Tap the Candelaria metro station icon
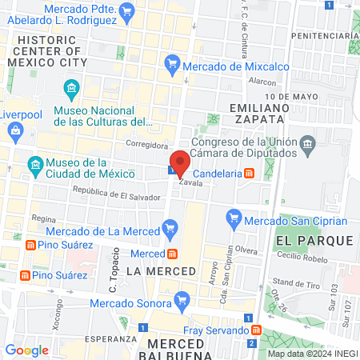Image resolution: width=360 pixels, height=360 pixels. point(250,172)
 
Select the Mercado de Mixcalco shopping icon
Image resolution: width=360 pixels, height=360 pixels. point(171,62)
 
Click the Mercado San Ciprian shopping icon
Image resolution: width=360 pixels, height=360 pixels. point(234,216)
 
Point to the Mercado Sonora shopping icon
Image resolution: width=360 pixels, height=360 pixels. point(183,301)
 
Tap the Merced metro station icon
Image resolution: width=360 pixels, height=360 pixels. point(172,254)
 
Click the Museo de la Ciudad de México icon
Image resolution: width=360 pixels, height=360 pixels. point(34,166)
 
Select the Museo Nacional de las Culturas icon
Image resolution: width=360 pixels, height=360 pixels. point(72,87)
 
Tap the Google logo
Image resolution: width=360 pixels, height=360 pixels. point(26,350)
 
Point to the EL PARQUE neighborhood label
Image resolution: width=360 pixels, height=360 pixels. point(314,240)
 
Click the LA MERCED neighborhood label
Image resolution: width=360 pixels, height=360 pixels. point(161,271)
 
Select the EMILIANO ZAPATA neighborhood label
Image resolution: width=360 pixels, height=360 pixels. point(256,113)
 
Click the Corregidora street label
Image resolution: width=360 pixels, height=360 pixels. point(147,145)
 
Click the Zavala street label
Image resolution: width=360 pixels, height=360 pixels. point(188,182)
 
